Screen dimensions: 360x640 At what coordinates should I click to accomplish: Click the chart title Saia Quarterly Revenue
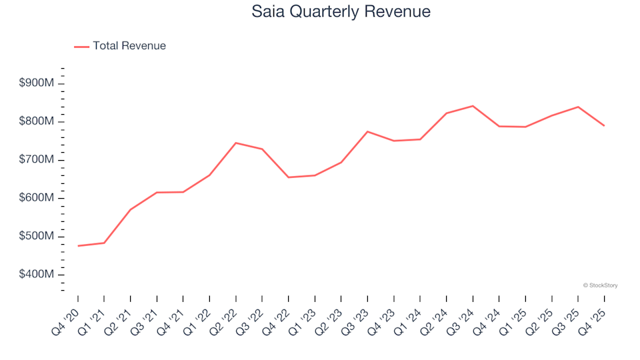[x=341, y=11]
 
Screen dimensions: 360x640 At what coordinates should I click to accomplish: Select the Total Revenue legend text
[x=129, y=46]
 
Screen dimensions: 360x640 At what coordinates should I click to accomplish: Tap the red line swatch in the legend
[x=81, y=47]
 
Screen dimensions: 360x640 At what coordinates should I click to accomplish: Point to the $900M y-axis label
[x=37, y=83]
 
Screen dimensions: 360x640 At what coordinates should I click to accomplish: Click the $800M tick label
[x=37, y=121]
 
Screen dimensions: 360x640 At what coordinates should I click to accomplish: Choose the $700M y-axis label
[x=37, y=160]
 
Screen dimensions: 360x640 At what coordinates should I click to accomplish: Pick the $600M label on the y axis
[x=37, y=198]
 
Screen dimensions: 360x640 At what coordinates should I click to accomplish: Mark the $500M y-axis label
[x=37, y=237]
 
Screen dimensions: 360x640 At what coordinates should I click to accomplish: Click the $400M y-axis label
[x=37, y=275]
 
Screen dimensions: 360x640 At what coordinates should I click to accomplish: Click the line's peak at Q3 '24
[x=473, y=106]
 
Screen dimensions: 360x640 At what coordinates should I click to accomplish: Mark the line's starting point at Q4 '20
[x=78, y=246]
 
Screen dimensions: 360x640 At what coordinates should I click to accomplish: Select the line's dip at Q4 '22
[x=289, y=177]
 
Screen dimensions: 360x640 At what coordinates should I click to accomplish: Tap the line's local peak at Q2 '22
[x=236, y=143]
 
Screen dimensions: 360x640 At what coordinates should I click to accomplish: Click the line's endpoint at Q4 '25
[x=604, y=125]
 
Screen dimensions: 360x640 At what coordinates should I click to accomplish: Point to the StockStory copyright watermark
[x=600, y=285]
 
